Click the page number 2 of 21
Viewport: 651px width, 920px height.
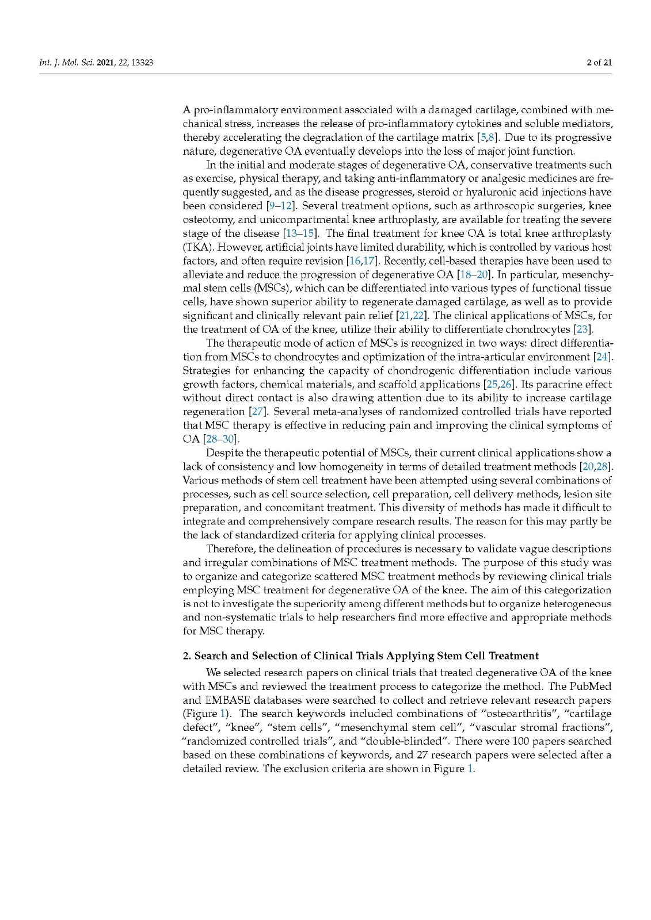tap(599, 62)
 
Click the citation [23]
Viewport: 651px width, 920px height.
tap(583, 329)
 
